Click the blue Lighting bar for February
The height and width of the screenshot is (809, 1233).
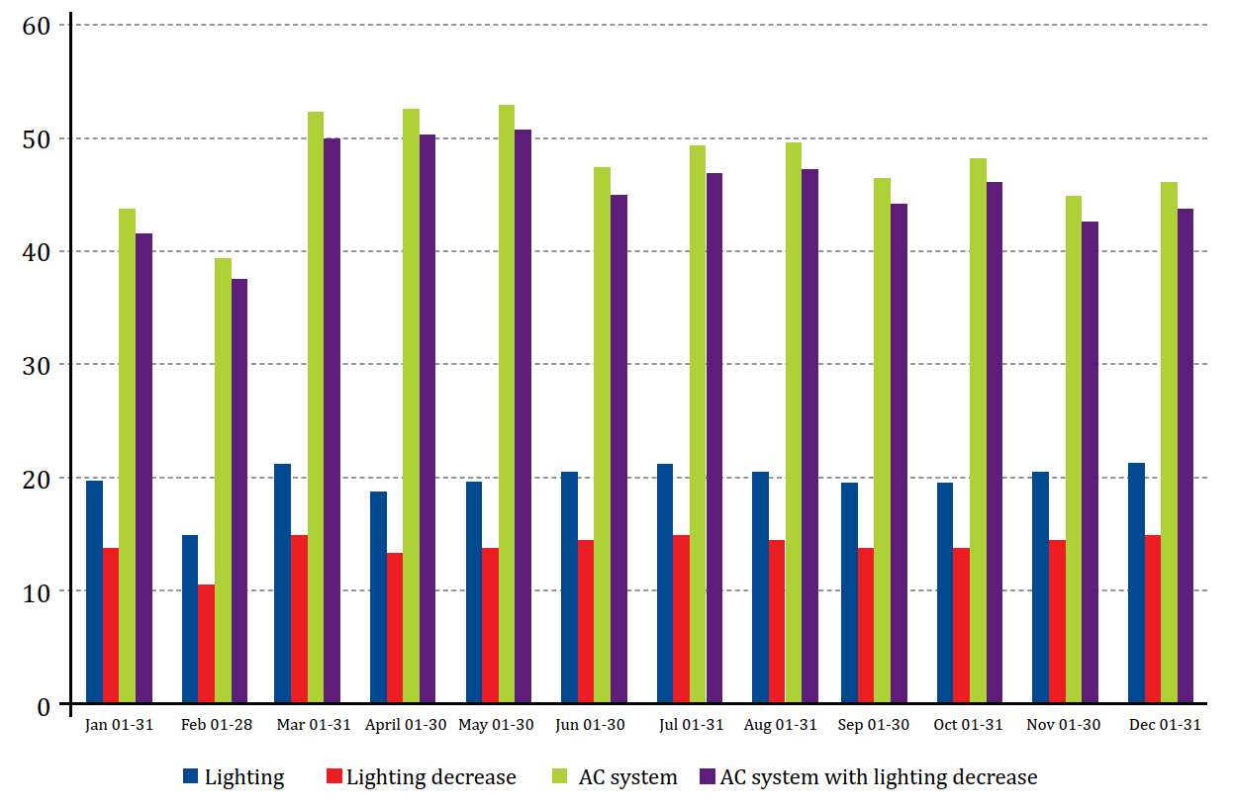coord(190,619)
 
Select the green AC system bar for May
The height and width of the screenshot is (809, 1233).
coord(507,404)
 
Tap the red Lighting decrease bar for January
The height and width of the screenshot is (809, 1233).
coord(111,625)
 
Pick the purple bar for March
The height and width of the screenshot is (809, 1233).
coord(332,421)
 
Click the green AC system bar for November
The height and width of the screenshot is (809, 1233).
coord(1074,450)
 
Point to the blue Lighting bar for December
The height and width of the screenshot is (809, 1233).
coord(1137,584)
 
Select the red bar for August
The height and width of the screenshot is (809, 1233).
coord(777,622)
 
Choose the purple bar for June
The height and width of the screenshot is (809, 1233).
coord(618,449)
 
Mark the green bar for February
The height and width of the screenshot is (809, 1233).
coord(223,481)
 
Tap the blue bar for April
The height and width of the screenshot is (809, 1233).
coord(378,597)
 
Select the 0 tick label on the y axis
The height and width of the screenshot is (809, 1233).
coord(44,705)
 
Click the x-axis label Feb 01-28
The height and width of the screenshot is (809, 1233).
coord(217,725)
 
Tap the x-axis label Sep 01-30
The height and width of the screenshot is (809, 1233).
coord(874,725)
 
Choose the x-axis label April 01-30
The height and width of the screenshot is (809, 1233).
coord(406,725)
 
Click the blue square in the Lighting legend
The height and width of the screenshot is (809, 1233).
coord(191,777)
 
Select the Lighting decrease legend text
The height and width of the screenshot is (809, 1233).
coord(431,777)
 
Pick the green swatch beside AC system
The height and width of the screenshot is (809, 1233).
coord(560,777)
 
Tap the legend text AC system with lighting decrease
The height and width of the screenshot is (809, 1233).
coord(879,777)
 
